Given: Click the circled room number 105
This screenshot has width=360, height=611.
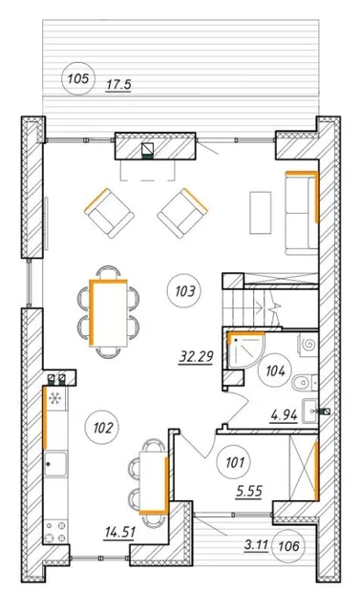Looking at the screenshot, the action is [78, 79].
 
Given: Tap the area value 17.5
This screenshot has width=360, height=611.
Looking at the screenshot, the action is [118, 85].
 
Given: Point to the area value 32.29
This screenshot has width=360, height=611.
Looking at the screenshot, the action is [196, 356].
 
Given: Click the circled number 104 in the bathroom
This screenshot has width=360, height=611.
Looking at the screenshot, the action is [275, 370].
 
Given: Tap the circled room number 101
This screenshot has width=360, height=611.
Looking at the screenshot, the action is [234, 463].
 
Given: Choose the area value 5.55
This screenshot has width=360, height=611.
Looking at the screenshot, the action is [249, 492].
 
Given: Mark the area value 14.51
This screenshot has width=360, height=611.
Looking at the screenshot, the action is [119, 532].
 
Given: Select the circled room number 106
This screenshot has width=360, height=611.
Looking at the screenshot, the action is [289, 546].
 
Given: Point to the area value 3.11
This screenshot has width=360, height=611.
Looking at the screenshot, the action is [256, 545].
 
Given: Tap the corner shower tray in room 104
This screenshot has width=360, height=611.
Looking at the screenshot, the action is [244, 349].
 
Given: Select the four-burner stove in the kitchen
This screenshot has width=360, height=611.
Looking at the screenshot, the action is [55, 531].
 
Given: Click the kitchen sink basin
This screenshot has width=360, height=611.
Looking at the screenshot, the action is [55, 464].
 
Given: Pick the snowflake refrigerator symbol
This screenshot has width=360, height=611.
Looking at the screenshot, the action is [55, 398].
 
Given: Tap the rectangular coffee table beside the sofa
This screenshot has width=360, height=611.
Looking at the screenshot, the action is [261, 213].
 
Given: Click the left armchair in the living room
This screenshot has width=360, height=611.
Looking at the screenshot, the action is [109, 213].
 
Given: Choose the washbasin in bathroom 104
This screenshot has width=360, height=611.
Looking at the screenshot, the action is [311, 410].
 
